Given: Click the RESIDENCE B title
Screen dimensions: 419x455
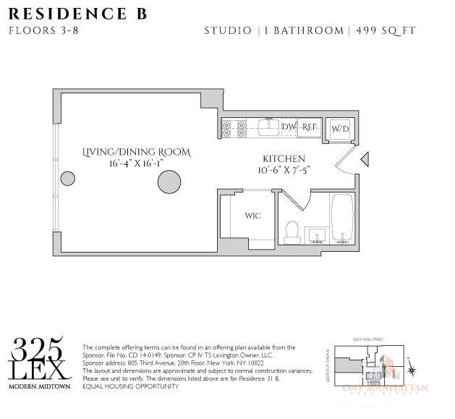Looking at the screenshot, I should tap(78, 14).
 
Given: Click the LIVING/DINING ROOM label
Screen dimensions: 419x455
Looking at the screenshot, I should tap(137, 153).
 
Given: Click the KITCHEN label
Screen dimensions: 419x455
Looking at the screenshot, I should tap(284, 158).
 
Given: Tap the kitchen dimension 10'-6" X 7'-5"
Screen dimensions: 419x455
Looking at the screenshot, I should tap(284, 170).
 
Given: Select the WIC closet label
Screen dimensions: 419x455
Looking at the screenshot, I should tap(252, 216).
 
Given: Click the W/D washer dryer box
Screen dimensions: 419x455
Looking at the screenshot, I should tap(340, 129).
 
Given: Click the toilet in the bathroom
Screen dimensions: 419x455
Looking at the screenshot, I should tap(293, 230).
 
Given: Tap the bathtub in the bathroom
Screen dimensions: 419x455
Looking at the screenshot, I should tap(342, 219).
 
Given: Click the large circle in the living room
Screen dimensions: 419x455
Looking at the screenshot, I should tap(169, 181).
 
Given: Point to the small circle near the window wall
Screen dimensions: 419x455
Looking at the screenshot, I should tap(67, 178).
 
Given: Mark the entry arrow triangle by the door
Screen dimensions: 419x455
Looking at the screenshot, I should tap(365, 158).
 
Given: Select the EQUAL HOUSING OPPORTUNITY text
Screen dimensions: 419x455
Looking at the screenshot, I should tap(130, 386).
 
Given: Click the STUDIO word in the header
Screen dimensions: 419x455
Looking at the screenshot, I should tap(228, 30).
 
